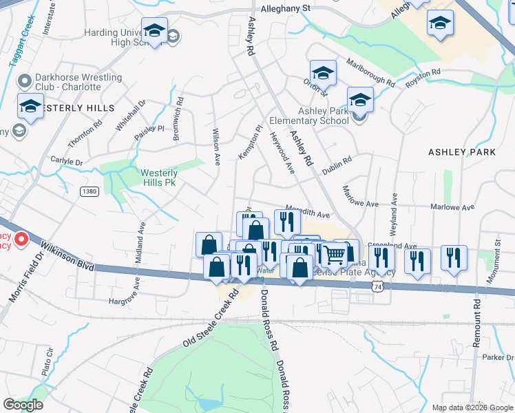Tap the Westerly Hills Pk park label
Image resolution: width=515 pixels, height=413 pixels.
point(159,178)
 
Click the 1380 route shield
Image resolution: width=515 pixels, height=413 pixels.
point(89,191)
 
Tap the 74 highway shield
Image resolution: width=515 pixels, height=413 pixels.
point(375,284)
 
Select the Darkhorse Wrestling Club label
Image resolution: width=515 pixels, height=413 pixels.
point(70,82)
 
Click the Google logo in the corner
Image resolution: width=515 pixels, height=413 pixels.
point(23,405)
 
